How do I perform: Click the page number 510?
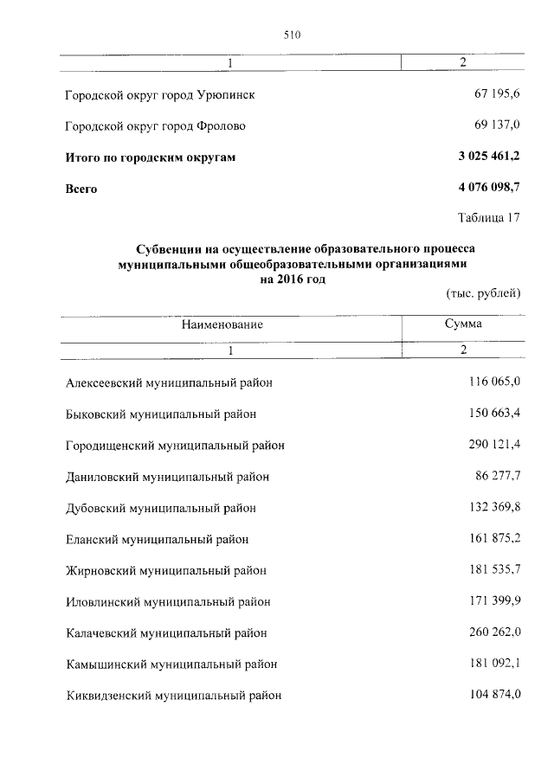point(291,35)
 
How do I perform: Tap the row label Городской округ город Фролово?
point(156,126)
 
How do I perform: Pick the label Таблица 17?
point(489,217)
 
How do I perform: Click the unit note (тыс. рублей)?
point(483,293)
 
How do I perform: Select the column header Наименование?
point(222,324)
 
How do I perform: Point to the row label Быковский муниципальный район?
point(161,414)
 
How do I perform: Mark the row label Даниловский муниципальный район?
point(167,477)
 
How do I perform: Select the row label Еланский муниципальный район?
point(157,539)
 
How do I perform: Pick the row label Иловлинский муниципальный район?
point(168,601)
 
